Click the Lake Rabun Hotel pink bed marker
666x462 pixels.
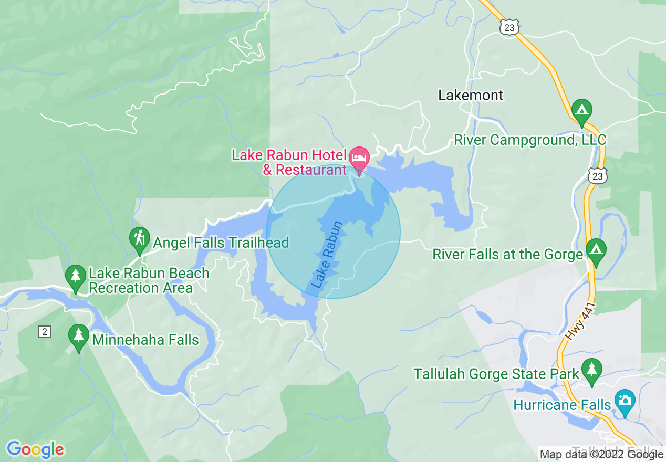(360, 157)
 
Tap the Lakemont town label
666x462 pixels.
(471, 95)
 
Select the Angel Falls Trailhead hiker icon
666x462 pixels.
(139, 239)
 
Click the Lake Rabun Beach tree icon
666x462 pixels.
(76, 276)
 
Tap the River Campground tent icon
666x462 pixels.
(581, 110)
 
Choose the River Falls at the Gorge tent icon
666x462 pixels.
(595, 249)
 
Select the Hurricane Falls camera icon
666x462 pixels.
(625, 401)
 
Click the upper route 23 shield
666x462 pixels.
(509, 28)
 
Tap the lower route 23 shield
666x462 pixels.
(598, 176)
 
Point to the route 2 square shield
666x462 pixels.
(45, 331)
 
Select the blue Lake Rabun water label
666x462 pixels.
(327, 255)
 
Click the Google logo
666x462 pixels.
(36, 449)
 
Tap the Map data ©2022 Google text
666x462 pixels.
(601, 455)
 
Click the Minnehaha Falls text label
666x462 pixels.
(145, 340)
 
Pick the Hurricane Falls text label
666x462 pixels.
(562, 405)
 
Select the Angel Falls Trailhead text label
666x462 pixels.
(221, 243)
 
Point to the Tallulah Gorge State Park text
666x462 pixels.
(496, 374)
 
